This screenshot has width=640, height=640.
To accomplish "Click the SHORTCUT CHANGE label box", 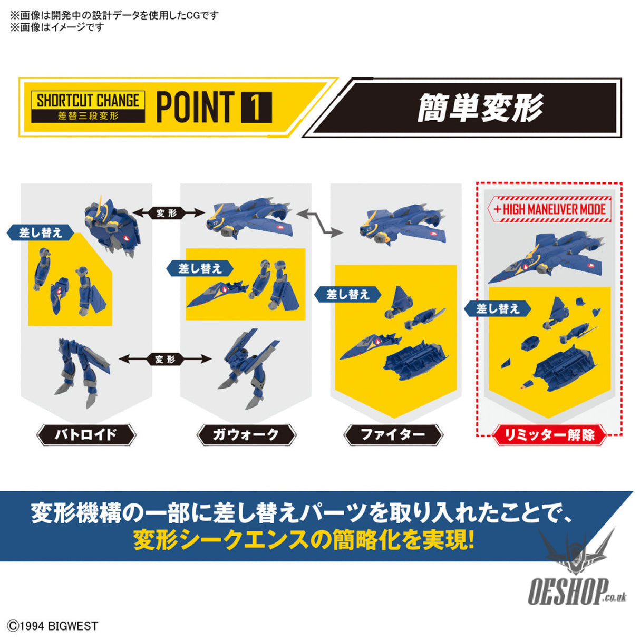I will (x=88, y=107).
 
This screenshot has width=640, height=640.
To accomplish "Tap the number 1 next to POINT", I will (x=256, y=108).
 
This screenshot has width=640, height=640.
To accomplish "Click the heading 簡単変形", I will (x=480, y=108).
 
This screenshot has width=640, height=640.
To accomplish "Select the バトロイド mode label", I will (x=86, y=435).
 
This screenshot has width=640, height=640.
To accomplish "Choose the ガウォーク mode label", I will (x=246, y=435).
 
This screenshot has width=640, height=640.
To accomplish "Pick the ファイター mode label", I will (x=393, y=435).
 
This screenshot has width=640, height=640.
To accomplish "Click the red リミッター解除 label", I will (x=549, y=435).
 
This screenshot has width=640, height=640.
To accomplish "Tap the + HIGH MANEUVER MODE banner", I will (x=549, y=209).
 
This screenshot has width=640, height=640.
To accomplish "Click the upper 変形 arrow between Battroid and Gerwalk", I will (x=167, y=213).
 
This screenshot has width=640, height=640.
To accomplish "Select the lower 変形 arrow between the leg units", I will (x=165, y=360).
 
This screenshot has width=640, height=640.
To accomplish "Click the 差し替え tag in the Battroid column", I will (x=40, y=232).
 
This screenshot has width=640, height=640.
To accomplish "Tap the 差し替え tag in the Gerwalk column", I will (x=200, y=268).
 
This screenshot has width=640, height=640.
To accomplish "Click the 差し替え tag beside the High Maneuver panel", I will (x=498, y=309).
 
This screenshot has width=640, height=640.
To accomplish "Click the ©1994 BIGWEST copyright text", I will (x=53, y=626).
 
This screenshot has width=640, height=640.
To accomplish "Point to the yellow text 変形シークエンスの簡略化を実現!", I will (x=304, y=540).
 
